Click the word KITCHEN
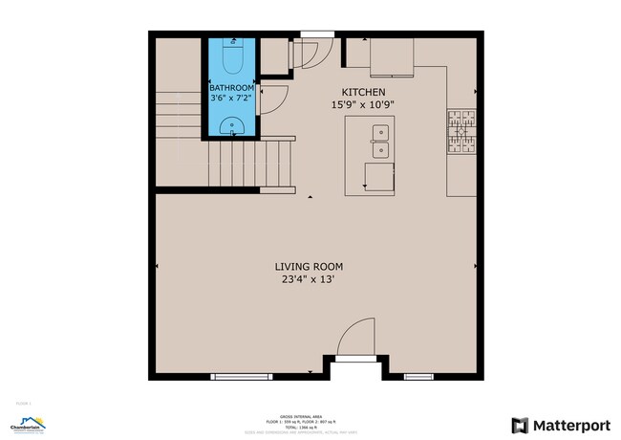pos(358,93)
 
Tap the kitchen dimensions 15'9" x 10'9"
pos(362,105)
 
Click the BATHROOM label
pos(232,88)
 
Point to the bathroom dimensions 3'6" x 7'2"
pos(232,98)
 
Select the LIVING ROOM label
pos(309,267)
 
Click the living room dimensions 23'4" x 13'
pos(308,280)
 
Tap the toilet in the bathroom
pos(232,59)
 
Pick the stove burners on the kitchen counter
pos(460,132)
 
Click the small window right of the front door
pos(418,376)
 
